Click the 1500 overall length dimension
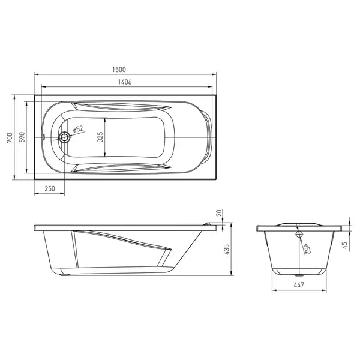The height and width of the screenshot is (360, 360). [x=119, y=70]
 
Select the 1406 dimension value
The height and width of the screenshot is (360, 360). [x=125, y=82]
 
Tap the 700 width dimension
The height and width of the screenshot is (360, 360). [x=10, y=137]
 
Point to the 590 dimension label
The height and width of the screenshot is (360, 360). [x=22, y=137]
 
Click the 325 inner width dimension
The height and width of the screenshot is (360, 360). [x=100, y=137]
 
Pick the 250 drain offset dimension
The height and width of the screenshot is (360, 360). [x=50, y=189]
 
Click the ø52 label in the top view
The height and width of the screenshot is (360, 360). [x=78, y=129]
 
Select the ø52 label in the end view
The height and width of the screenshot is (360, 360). [x=307, y=248]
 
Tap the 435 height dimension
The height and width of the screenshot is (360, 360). [x=226, y=250]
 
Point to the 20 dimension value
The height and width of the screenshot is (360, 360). [x=219, y=213]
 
